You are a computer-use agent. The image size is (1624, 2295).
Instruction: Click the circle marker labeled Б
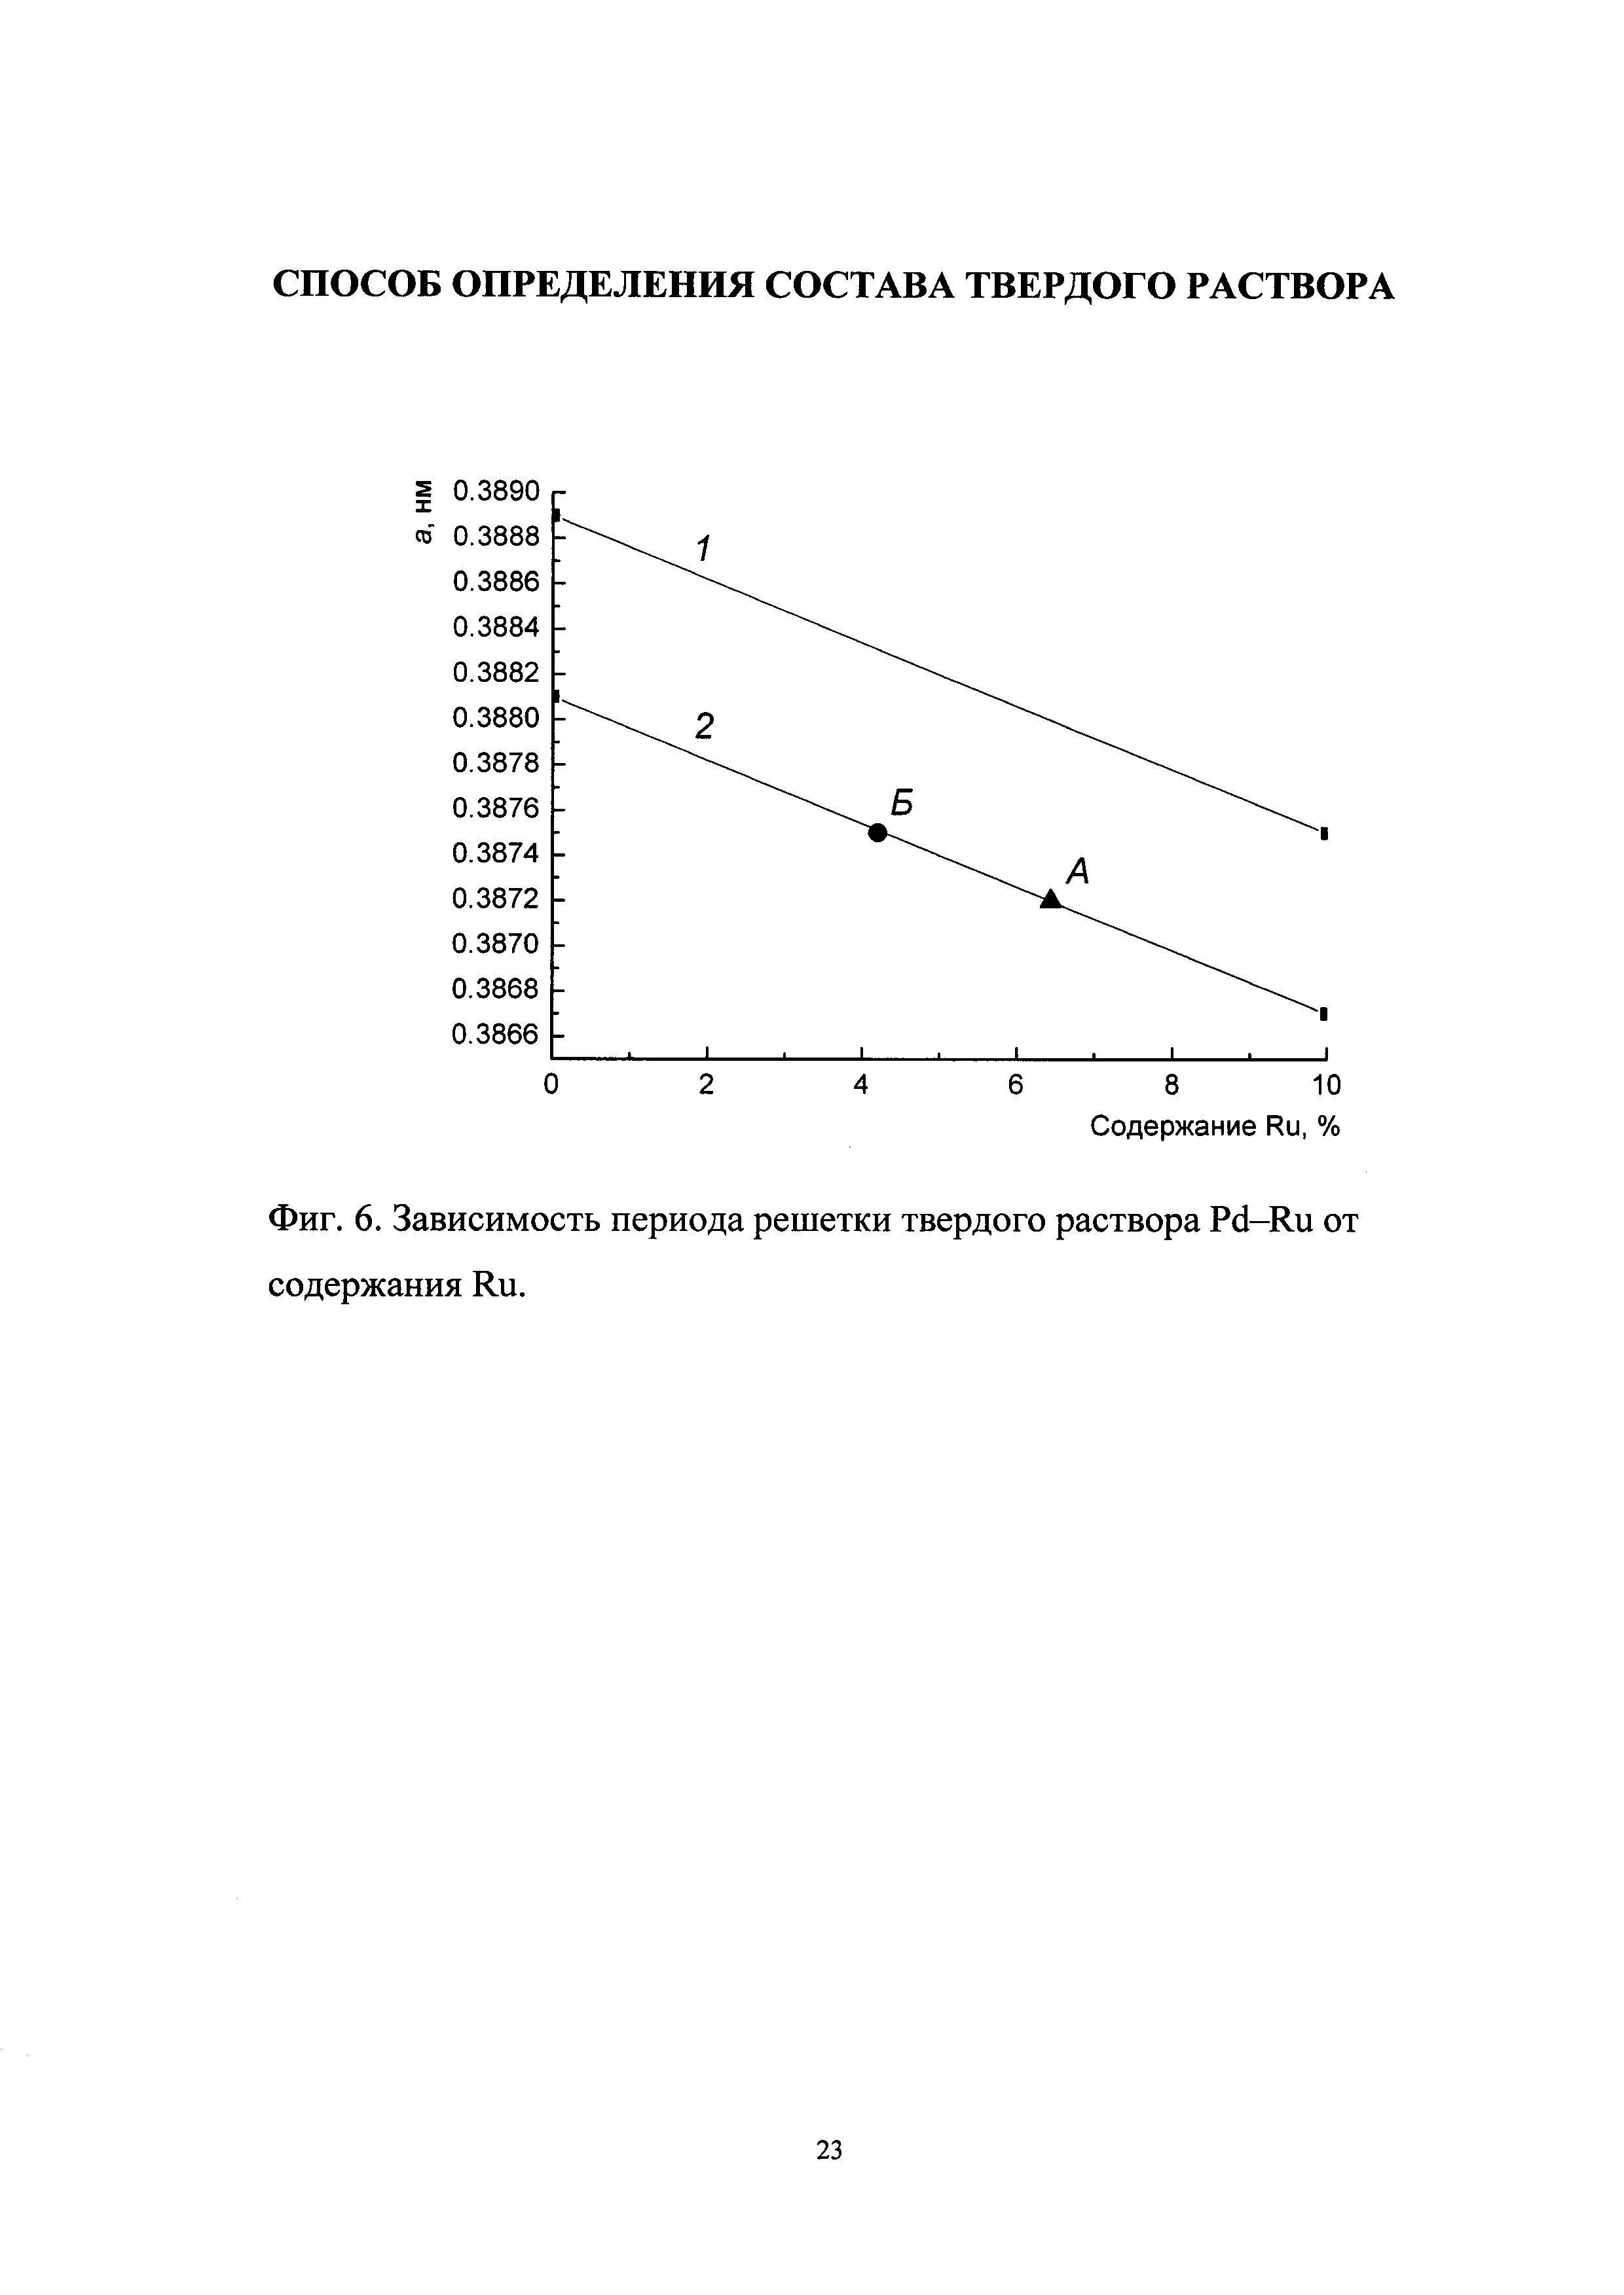tap(877, 832)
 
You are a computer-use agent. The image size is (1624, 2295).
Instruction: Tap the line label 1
tap(703, 549)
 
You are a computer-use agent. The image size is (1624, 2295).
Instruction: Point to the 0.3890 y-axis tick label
tap(496, 492)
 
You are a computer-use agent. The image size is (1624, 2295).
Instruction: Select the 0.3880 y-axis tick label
tap(496, 718)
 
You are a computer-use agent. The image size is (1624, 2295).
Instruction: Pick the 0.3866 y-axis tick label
tap(496, 1035)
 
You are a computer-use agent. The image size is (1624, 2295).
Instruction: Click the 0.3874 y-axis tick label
tap(496, 853)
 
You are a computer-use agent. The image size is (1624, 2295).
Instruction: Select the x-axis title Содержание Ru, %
tap(1214, 1128)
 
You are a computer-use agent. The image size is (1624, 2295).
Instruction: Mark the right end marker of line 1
tap(1324, 832)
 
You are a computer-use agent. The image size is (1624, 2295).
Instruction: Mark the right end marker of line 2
tap(1324, 1014)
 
